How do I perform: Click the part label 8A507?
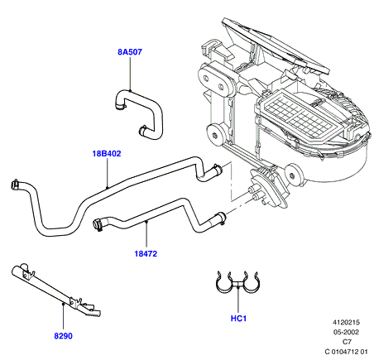[x=130, y=52]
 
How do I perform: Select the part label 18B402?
[x=107, y=153]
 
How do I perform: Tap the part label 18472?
[x=146, y=253]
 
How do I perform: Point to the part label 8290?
[x=63, y=336]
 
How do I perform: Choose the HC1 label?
[x=238, y=319]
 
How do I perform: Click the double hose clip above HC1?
[x=237, y=282]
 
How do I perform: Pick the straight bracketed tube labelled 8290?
[x=56, y=291]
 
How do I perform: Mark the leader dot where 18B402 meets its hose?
[x=107, y=187]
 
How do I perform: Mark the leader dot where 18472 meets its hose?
[x=146, y=222]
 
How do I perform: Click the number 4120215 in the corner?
[x=346, y=322]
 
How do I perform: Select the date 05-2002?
[x=346, y=332]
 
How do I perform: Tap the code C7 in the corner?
[x=347, y=342]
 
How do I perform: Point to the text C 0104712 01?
[x=346, y=352]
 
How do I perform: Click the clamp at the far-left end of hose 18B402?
[x=15, y=185]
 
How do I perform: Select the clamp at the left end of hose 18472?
[x=98, y=224]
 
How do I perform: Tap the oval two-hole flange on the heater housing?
[x=217, y=79]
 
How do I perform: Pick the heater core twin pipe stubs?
[x=255, y=193]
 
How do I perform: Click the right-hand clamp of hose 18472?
[x=222, y=217]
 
